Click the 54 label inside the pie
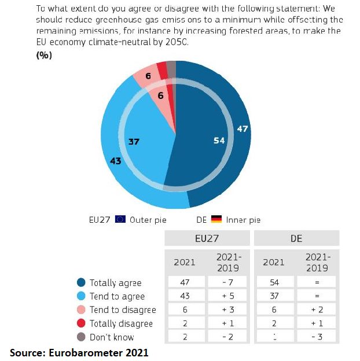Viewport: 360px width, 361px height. coord(219,141)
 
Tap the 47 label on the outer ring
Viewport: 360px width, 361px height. coord(243,128)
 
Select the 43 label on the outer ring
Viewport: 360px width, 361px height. coord(115,161)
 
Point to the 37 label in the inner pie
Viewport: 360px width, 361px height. coord(134,141)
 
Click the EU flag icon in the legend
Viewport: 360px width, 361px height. coord(120,219)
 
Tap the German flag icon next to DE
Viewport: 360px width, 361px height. coord(216,219)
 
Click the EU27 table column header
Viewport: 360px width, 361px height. coord(207,238)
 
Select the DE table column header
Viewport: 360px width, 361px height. coord(296,238)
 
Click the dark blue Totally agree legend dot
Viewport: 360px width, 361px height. coord(82,283)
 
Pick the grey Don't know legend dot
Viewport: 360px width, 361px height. coord(82,337)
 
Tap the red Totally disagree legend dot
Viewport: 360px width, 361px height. coord(82,323)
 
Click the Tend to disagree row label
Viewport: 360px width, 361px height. coord(122,310)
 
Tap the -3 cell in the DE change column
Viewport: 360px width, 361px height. coord(318,337)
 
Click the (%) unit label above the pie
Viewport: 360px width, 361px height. coord(45,55)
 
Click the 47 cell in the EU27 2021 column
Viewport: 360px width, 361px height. coord(185,283)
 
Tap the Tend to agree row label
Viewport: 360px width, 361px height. coord(116,296)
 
